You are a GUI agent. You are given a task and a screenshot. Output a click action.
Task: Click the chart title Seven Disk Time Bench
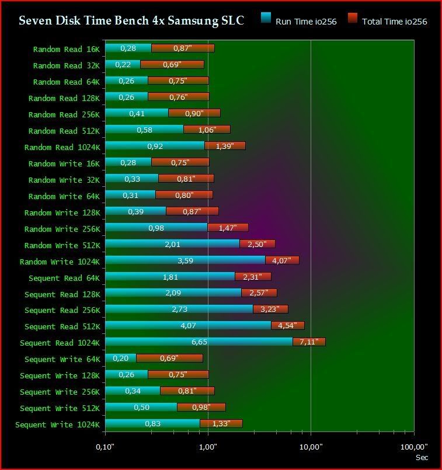131,20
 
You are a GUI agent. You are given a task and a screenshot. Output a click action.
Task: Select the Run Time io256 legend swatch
266,18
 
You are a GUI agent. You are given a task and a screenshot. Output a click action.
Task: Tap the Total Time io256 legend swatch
352,18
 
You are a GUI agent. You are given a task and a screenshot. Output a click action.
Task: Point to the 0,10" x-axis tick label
105,447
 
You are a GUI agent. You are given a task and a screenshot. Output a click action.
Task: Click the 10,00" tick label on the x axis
311,447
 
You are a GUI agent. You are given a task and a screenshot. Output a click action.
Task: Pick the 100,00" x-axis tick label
413,447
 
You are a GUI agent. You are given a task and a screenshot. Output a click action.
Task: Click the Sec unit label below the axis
422,458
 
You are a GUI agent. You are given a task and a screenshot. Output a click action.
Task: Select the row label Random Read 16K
67,50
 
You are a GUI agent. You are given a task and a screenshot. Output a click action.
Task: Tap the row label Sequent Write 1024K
58,424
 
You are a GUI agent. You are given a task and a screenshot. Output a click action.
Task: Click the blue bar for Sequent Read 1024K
199,342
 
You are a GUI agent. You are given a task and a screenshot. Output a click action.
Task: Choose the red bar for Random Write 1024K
282,260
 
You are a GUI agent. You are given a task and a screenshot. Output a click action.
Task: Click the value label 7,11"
308,342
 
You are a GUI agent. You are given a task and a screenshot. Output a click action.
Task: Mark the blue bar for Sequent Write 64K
120,358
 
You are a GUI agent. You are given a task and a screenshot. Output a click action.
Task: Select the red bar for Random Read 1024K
225,146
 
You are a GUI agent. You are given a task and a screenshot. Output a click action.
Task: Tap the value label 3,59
185,260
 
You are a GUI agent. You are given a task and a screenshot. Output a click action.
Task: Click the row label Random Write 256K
62,229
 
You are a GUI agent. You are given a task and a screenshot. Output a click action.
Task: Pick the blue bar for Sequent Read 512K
188,325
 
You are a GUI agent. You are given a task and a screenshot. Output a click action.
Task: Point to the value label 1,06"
207,130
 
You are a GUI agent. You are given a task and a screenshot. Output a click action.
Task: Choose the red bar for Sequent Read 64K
253,277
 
